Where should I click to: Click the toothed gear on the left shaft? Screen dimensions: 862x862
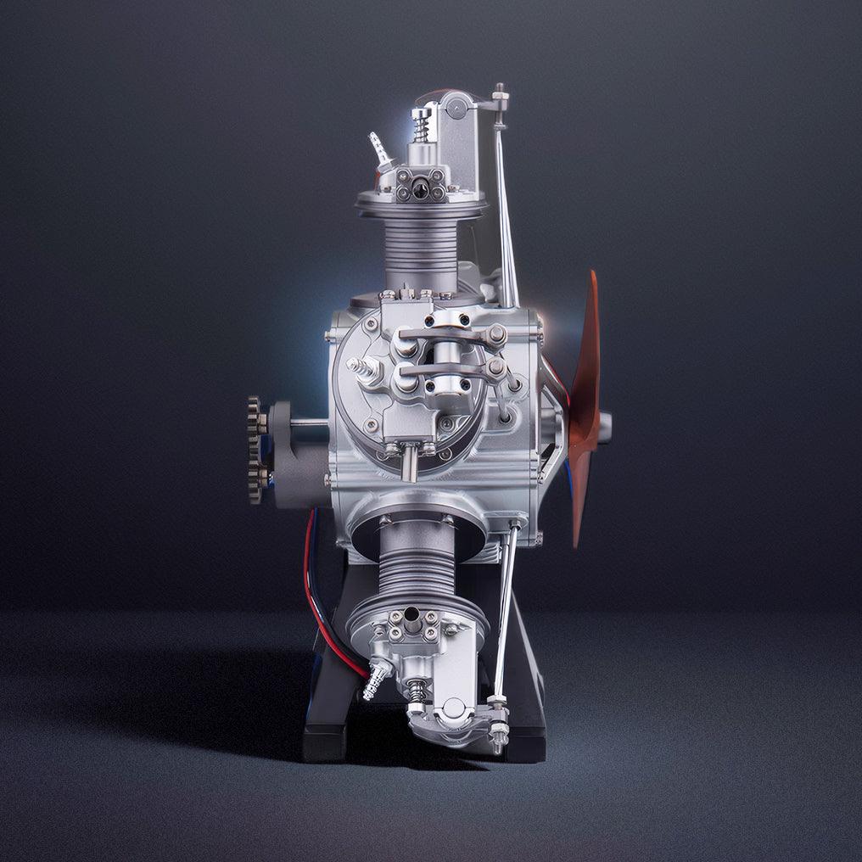coord(255,450)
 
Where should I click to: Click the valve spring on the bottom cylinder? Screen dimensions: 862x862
coord(417,691)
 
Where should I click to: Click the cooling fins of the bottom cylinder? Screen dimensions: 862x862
coord(414,564)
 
